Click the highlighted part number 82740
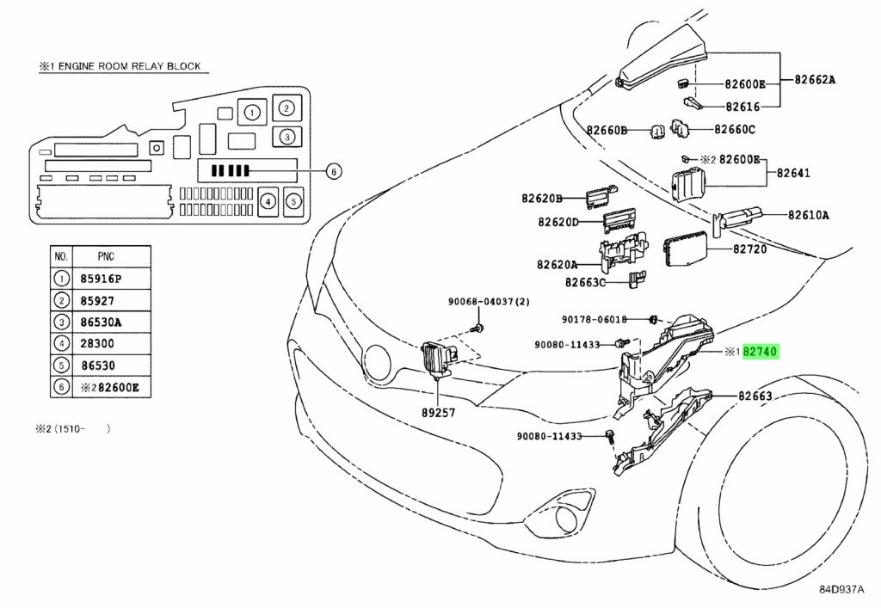coord(760,352)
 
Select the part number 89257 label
coord(438,413)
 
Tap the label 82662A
coord(815,80)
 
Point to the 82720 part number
coord(749,249)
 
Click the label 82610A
coord(809,215)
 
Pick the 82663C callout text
coord(585,282)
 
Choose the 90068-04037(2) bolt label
coord(489,302)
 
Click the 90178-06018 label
coord(595,319)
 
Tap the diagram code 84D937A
coord(841,589)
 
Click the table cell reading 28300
coord(97,344)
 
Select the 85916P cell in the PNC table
coord(102,279)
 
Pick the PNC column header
coord(106,256)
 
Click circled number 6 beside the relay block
coord(334,171)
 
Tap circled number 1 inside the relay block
coord(252,113)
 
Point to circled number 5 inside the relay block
coord(294,201)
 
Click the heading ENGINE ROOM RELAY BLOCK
coord(129,66)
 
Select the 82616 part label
coord(742,107)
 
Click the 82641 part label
coord(793,173)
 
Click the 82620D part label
coord(558,223)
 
